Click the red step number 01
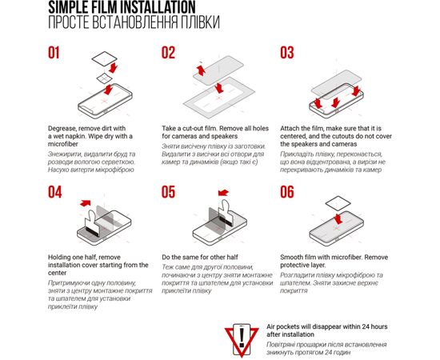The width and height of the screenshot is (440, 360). coord(54,53)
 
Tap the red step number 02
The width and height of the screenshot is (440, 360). coord(168,53)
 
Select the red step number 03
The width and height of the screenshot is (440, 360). coord(287,53)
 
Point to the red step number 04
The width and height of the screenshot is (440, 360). coord(54,192)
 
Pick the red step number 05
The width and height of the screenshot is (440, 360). coord(168,192)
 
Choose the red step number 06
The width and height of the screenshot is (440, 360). coord(287,192)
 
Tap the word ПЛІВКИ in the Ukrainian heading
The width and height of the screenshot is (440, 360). coord(200,22)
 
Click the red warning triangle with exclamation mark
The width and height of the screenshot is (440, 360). coord(242,340)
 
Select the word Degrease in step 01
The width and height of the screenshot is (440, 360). coord(62,129)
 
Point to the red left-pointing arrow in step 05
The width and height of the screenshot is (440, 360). coord(224,193)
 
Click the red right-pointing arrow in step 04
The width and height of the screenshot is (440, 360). coord(86,203)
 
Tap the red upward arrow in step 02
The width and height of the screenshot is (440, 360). coord(201,70)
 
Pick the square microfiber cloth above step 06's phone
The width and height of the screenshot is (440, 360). coord(338,203)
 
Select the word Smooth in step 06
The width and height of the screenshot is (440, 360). coord(290,257)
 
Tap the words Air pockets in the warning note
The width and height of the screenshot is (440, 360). coord(283,327)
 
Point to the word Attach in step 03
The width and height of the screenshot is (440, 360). coord(290,129)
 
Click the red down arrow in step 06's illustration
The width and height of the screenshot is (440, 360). coord(338,218)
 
